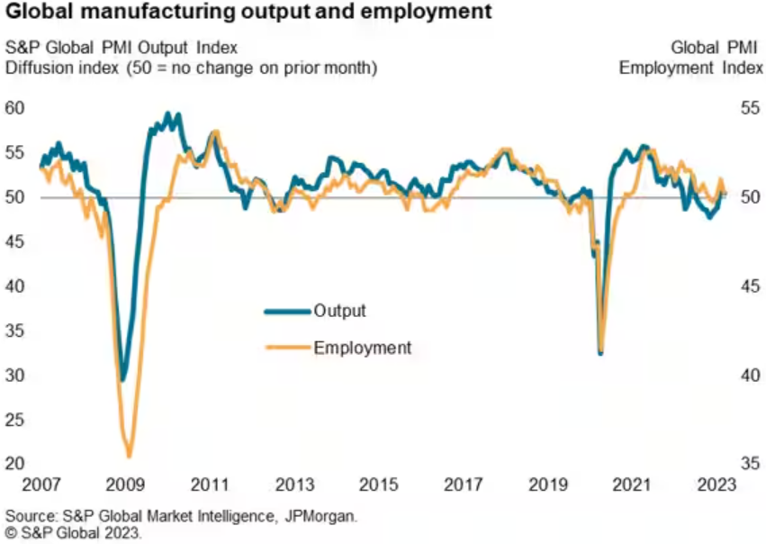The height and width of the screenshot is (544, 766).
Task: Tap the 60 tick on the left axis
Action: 16,109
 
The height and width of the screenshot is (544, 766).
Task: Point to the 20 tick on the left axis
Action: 16,463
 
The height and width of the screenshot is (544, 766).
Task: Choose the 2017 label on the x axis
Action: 464,485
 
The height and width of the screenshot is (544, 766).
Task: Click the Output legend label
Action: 339,311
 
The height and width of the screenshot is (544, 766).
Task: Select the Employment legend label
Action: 362,348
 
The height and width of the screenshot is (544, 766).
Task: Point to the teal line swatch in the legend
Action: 287,312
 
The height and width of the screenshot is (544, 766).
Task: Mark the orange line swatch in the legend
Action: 287,348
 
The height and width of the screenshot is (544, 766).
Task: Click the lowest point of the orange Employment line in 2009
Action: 130,456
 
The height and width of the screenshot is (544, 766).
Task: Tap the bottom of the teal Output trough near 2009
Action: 123,379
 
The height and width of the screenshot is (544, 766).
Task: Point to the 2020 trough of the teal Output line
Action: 600,352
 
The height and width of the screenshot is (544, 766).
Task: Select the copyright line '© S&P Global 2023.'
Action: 74,533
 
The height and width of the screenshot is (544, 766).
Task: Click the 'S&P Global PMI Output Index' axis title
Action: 122,48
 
